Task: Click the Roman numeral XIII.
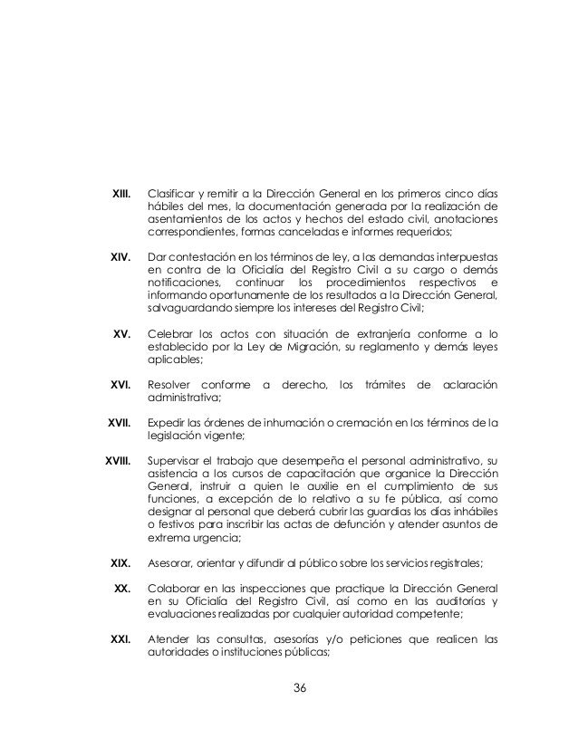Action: (120, 194)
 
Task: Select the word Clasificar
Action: (173, 194)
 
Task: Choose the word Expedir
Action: (169, 422)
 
